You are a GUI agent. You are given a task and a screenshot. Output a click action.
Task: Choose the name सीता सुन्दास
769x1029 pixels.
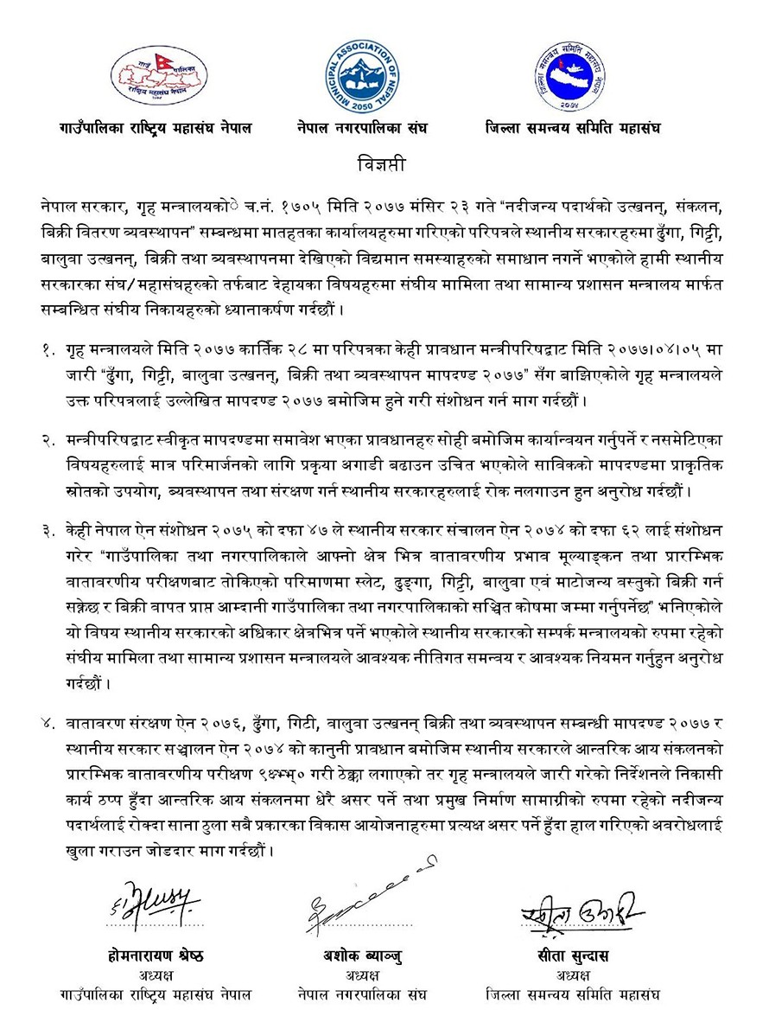(572, 955)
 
